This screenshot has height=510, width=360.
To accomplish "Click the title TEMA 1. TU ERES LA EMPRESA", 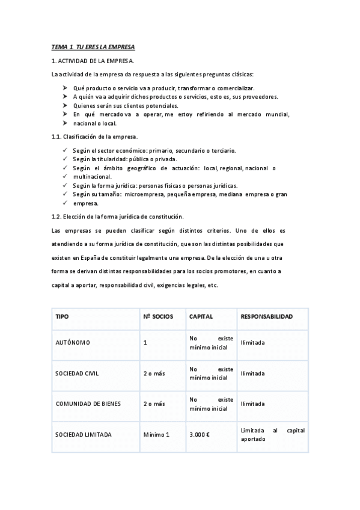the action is pyautogui.click(x=93, y=47).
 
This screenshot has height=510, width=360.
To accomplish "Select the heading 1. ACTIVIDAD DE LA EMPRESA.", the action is pyautogui.click(x=93, y=61).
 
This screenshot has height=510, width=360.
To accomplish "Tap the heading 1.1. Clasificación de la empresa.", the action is pyautogui.click(x=94, y=137).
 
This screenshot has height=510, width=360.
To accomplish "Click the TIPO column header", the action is pyautogui.click(x=62, y=316).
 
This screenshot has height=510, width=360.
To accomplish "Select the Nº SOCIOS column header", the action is pyautogui.click(x=158, y=316).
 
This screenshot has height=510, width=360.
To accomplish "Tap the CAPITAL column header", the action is pyautogui.click(x=201, y=316).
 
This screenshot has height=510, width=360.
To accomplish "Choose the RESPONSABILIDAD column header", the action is pyautogui.click(x=266, y=316).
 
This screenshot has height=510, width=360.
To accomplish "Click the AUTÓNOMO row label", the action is pyautogui.click(x=72, y=343).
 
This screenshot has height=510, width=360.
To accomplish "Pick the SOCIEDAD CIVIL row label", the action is pyautogui.click(x=77, y=373).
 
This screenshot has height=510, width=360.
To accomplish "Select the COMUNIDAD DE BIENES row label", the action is pyautogui.click(x=88, y=404).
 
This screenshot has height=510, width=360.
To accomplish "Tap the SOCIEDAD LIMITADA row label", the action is pyautogui.click(x=83, y=434).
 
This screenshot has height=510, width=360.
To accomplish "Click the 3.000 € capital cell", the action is pyautogui.click(x=199, y=434).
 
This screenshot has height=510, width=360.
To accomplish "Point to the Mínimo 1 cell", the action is pyautogui.click(x=156, y=434).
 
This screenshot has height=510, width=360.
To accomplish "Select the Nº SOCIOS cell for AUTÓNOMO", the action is pyautogui.click(x=145, y=343).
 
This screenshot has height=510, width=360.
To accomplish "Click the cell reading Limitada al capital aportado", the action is pyautogui.click(x=272, y=434).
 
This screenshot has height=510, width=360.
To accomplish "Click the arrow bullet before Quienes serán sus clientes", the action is pyautogui.click(x=65, y=105).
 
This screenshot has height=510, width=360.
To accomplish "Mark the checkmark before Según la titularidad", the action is pyautogui.click(x=65, y=159).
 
